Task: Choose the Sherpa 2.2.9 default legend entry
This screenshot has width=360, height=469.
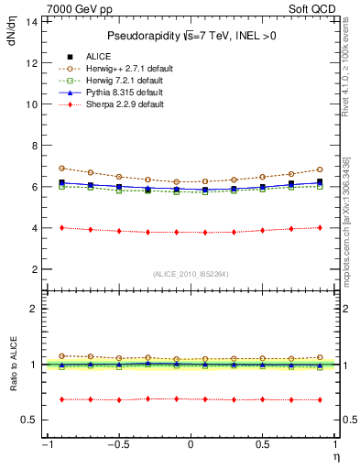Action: click(118, 105)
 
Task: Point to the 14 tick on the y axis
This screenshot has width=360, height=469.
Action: click(31, 21)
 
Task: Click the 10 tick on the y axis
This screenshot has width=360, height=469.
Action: click(31, 104)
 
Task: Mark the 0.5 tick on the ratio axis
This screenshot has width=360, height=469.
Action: click(29, 420)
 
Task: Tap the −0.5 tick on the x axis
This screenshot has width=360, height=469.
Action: click(118, 445)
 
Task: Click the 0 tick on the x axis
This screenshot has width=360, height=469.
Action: click(191, 445)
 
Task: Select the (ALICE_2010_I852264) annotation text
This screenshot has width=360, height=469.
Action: click(191, 273)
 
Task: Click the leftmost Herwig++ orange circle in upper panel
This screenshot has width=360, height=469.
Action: click(61, 168)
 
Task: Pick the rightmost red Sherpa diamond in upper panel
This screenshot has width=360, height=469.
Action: click(320, 227)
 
